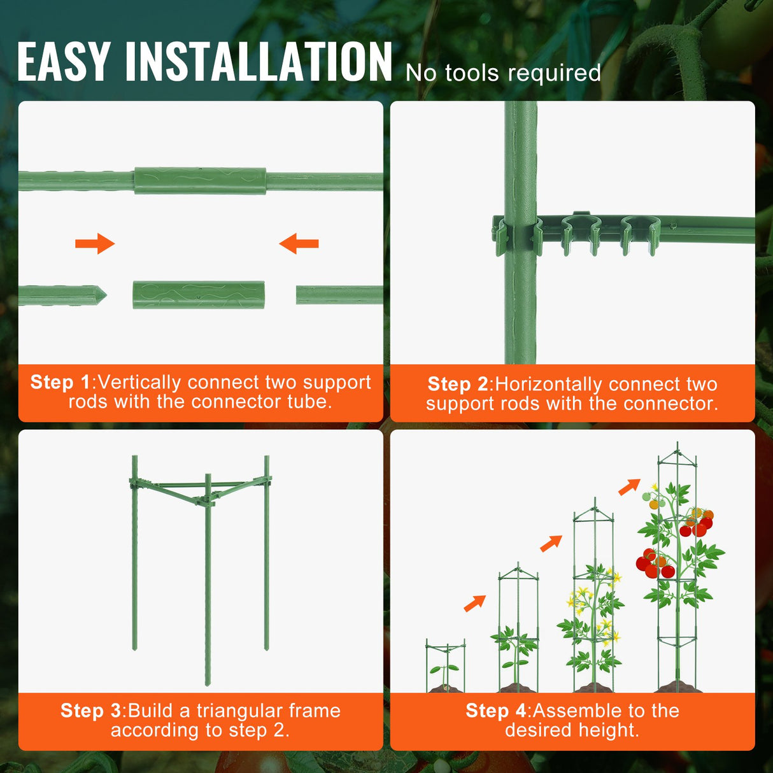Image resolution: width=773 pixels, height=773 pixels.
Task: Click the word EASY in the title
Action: click(x=64, y=62)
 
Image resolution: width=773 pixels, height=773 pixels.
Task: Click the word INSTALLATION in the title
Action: click(x=259, y=62)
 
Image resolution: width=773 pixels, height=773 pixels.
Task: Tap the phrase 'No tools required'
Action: click(x=503, y=73)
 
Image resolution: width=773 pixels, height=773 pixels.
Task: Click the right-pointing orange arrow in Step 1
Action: click(x=95, y=243)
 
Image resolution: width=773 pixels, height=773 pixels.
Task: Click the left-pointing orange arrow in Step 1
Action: click(x=299, y=243)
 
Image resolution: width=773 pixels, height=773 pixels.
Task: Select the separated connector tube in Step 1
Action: click(x=199, y=295)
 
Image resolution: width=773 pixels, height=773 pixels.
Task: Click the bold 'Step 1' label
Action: click(x=60, y=382)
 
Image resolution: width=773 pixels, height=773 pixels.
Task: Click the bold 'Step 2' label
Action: click(x=458, y=384)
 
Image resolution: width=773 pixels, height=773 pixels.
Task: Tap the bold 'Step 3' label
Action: click(x=90, y=711)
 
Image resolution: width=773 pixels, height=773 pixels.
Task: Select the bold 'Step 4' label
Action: click(x=496, y=711)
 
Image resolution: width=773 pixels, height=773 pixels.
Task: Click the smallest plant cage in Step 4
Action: click(x=446, y=665)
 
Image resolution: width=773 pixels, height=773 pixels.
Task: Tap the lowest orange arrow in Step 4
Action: click(x=475, y=603)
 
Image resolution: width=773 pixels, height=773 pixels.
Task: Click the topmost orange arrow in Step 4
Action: click(x=629, y=487)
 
